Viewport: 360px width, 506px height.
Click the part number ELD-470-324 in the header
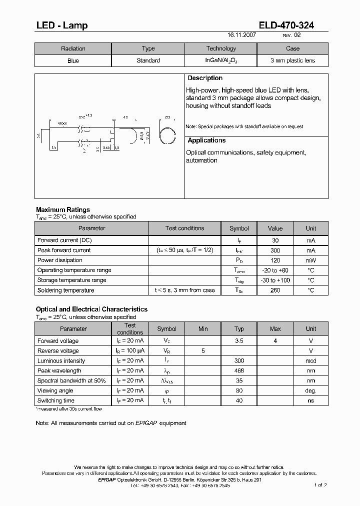point(286,25)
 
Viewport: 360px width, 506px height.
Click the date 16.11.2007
point(241,35)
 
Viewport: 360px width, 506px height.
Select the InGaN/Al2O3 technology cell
point(221,60)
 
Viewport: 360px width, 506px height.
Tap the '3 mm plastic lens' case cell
point(292,60)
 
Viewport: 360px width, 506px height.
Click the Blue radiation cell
point(73,60)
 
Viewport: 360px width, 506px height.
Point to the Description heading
point(204,78)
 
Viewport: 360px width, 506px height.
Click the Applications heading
point(206,141)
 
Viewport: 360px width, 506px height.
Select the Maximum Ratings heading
point(63,209)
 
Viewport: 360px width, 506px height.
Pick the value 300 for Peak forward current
point(275,250)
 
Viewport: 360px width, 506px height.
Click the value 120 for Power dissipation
point(275,260)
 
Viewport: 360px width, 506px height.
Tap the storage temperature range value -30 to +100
point(275,280)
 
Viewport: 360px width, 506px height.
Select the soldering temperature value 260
point(275,290)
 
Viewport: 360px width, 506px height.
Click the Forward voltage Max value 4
point(275,341)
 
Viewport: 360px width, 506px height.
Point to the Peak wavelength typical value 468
point(239,371)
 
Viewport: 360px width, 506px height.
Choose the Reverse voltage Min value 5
point(203,351)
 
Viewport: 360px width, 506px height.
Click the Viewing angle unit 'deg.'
point(311,391)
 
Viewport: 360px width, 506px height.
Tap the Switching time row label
point(56,401)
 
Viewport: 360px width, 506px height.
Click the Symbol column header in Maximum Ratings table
point(239,228)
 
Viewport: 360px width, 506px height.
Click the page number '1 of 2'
point(320,484)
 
